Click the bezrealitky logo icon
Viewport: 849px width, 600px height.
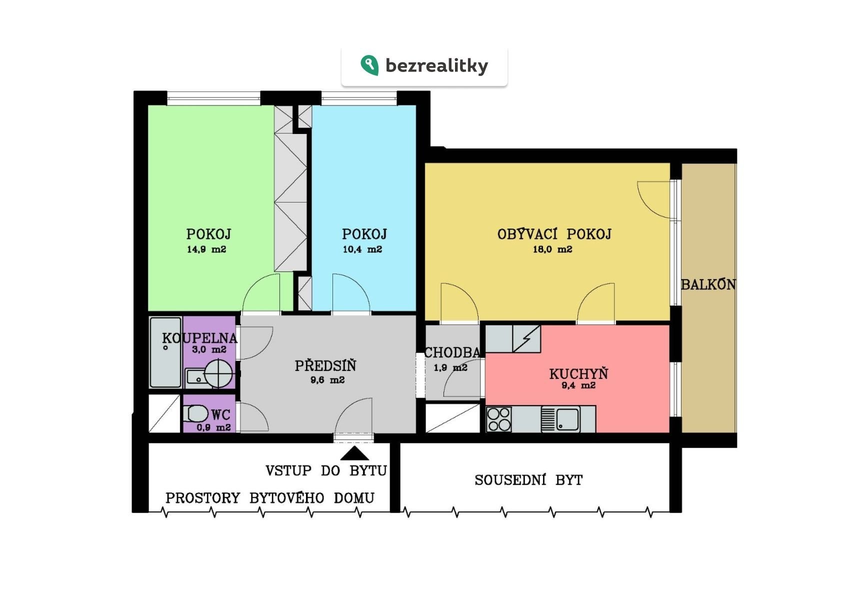tap(369, 65)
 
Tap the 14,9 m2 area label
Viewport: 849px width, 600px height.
tap(206, 249)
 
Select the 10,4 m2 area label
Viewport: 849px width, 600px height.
tap(362, 249)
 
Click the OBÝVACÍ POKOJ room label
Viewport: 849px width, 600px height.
tap(554, 234)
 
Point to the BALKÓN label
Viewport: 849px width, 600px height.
tap(708, 284)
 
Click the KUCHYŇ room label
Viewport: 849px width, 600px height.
tap(579, 373)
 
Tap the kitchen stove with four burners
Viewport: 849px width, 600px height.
tap(499, 419)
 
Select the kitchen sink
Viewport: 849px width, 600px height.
tap(560, 419)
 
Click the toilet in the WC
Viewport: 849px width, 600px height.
tap(195, 413)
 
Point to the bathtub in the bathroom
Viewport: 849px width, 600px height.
tap(165, 352)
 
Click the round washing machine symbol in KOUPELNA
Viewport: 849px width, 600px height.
tap(218, 373)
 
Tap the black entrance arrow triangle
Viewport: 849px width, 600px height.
tap(354, 453)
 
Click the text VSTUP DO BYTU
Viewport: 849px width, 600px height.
tap(326, 471)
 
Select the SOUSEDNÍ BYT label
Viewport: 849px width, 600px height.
tap(528, 480)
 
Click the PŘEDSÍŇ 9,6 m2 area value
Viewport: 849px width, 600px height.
tap(327, 380)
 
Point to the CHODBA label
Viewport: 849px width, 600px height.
tap(452, 352)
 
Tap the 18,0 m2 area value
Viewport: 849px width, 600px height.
tap(552, 249)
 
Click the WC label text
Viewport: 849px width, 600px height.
tap(220, 414)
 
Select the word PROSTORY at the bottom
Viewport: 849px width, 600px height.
tap(203, 497)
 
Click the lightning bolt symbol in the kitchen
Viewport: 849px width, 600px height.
tap(527, 338)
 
